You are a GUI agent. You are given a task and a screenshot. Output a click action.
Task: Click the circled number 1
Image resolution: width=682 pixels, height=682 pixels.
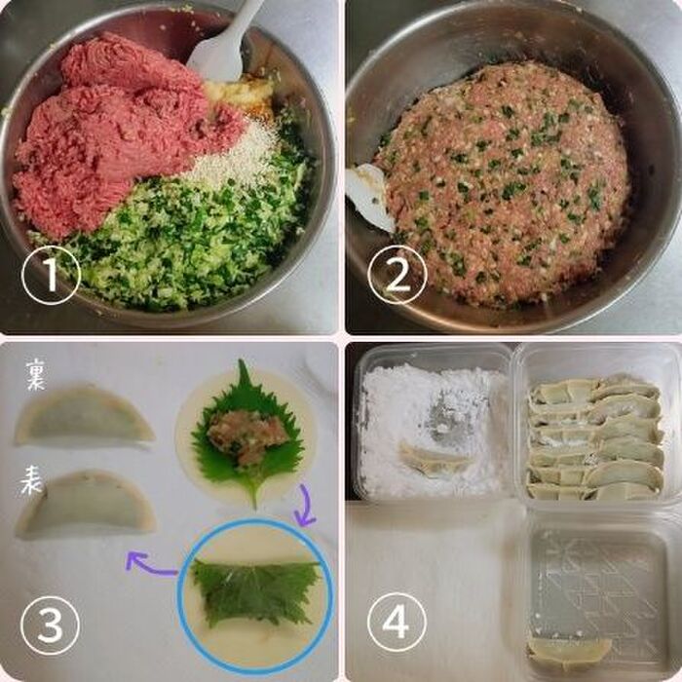[52, 275]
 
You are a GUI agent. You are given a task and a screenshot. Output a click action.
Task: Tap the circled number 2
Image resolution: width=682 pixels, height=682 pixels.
[398, 274]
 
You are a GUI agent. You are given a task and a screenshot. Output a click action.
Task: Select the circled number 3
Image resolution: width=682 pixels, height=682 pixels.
[50, 625]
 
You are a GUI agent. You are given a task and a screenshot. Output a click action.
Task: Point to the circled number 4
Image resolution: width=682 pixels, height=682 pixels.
[397, 623]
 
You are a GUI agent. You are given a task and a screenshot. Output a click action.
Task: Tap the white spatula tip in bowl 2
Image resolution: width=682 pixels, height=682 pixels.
[369, 197]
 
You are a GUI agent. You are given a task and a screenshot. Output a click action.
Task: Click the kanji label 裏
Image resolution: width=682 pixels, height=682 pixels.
[35, 374]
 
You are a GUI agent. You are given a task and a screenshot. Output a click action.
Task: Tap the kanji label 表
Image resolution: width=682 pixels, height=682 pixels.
[31, 479]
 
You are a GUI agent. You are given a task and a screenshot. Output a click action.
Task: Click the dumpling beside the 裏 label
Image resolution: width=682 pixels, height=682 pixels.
[85, 415]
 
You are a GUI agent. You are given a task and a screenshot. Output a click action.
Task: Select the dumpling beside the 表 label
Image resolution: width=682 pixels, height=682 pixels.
[86, 505]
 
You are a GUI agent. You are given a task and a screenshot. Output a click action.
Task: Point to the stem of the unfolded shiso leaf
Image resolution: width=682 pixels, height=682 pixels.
[253, 494]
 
